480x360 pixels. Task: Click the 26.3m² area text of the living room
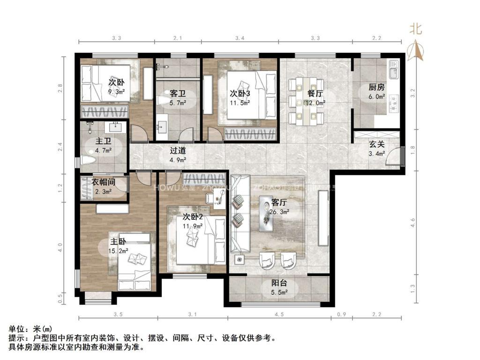pos(280,211)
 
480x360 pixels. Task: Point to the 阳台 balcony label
pos(279,283)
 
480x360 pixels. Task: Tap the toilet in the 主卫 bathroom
pos(89,160)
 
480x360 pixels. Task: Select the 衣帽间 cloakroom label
pos(103,182)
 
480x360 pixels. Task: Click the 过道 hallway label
pos(178,150)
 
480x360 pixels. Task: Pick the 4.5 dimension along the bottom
pos(279,315)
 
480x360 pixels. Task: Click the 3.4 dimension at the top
pos(240,37)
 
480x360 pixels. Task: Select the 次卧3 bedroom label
pos(240,93)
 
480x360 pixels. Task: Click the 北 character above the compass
pos(415,29)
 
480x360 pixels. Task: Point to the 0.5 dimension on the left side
pos(60,297)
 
